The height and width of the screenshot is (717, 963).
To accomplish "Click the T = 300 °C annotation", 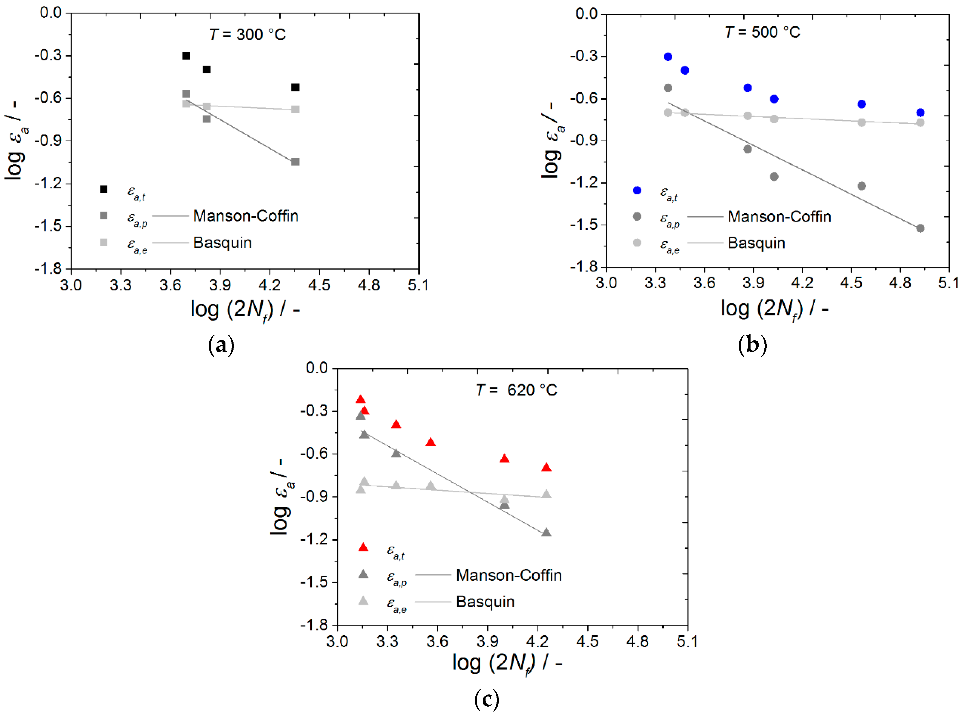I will click(248, 34).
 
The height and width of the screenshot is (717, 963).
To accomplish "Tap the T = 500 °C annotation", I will click(762, 32).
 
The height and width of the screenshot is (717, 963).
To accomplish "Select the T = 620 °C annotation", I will click(516, 390).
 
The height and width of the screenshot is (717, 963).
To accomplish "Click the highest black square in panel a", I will click(186, 56).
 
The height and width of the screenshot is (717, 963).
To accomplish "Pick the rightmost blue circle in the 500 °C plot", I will click(920, 113).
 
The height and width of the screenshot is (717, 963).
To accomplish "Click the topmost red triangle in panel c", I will click(360, 400).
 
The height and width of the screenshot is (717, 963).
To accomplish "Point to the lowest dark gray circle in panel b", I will click(920, 228).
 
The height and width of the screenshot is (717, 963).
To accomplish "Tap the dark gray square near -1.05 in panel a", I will click(295, 162).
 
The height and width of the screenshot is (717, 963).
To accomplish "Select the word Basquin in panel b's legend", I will click(756, 243).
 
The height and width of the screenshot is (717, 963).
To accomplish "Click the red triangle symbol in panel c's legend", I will click(363, 548).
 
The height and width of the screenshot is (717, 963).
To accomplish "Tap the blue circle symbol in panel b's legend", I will click(637, 190).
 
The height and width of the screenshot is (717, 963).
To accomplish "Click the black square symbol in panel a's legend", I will click(104, 189).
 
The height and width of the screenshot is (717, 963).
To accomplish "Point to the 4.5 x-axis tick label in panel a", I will click(319, 285).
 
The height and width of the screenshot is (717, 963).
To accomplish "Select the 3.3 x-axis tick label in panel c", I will click(387, 641).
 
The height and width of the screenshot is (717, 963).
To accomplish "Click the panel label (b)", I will click(752, 345).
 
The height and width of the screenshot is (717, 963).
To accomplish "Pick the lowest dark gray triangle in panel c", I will click(546, 533).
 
